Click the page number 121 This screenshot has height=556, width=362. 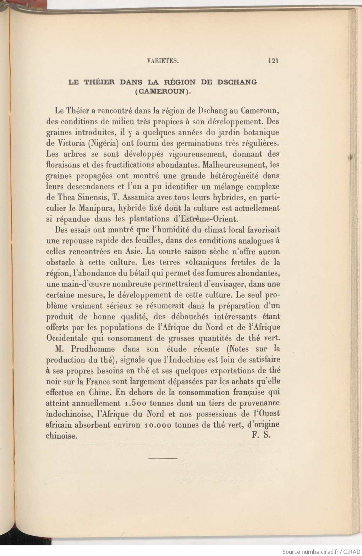tap(273, 60)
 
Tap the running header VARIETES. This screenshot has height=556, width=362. tap(162, 61)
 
